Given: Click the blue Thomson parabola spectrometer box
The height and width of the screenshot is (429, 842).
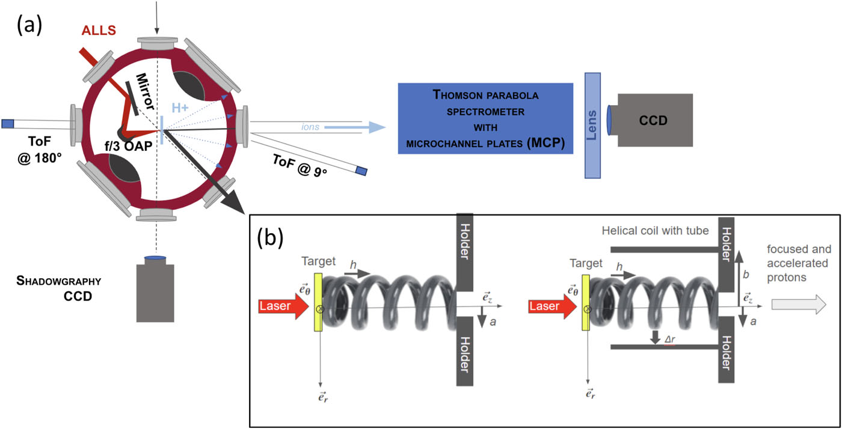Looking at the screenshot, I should click(x=485, y=119).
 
